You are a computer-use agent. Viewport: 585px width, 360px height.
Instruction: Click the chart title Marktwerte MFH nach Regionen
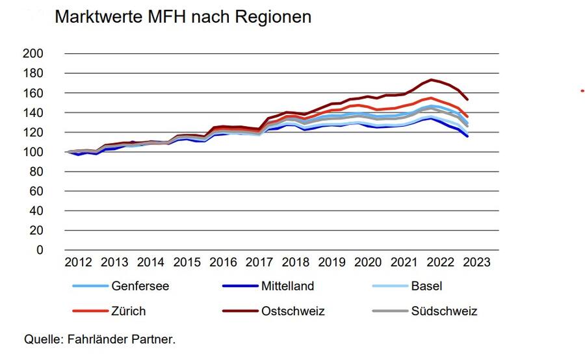click(183, 18)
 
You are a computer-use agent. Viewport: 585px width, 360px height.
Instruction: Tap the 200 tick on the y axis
click(33, 53)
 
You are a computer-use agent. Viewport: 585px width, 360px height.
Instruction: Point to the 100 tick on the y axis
click(33, 151)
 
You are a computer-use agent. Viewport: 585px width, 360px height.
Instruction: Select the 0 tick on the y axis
click(40, 250)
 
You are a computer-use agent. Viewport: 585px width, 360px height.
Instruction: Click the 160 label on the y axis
click(33, 93)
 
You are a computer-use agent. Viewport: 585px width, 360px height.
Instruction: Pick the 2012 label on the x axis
click(78, 263)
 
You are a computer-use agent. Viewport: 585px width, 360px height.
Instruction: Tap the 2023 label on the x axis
click(476, 263)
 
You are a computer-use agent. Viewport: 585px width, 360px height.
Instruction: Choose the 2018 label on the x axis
click(295, 263)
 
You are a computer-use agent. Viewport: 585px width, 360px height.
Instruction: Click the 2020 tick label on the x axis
click(367, 263)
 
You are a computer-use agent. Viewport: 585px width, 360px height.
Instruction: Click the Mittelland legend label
click(287, 286)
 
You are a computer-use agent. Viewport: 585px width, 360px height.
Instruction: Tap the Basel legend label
click(426, 286)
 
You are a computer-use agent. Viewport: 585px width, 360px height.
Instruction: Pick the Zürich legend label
click(129, 311)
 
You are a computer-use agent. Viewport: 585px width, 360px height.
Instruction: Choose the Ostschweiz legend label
click(292, 311)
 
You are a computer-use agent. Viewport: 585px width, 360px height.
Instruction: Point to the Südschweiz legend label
click(444, 311)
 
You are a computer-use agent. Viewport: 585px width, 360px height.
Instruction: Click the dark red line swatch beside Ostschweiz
click(238, 311)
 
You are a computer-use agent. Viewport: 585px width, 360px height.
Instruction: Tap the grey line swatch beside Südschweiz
click(388, 311)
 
